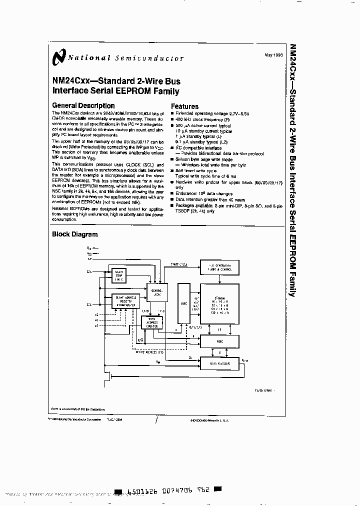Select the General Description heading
pos(83,106)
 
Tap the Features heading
pos(184,106)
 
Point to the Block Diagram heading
pos(75,234)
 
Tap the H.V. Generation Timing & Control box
pos(219,267)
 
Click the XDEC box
pos(184,302)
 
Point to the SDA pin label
pos(89,271)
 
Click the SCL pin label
pos(89,304)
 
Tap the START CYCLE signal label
pos(179,263)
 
